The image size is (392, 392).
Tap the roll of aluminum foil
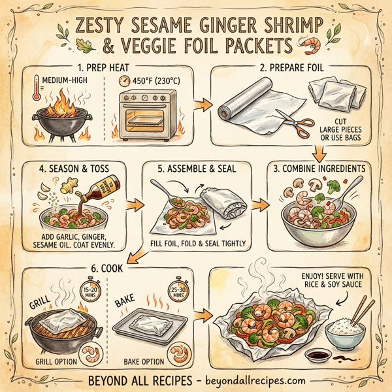point(250,104)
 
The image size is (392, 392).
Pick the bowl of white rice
point(343,331)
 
